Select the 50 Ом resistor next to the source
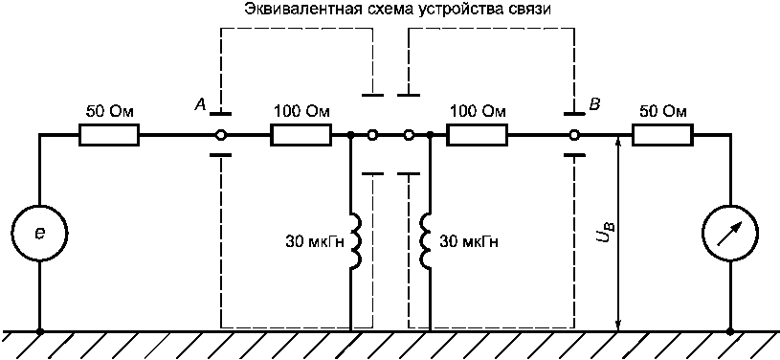(109, 135)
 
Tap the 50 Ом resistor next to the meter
(662, 135)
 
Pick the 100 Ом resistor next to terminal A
(301, 135)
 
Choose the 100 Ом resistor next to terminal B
(477, 135)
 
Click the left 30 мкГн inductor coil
(355, 241)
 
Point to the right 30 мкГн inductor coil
(425, 241)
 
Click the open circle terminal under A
(220, 135)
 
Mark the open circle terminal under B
(574, 135)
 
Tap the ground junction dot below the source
(40, 330)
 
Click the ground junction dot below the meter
(730, 330)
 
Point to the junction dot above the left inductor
(351, 135)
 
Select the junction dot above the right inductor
(429, 135)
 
